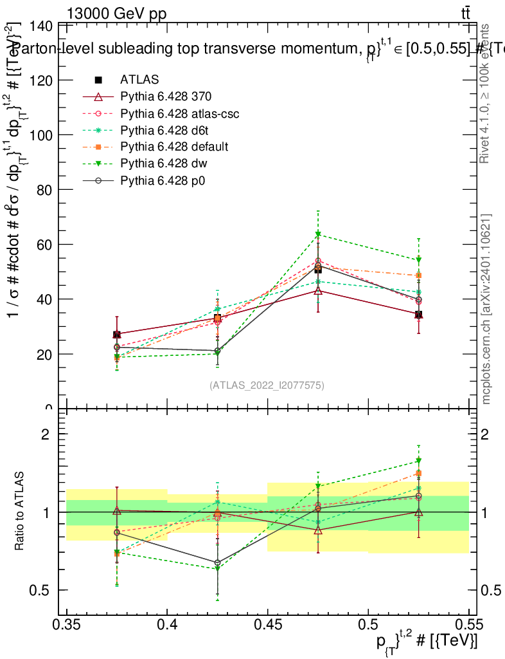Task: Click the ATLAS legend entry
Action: (138, 80)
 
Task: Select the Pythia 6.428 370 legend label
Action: (166, 97)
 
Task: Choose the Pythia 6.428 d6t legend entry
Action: (164, 130)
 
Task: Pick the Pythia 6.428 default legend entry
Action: (173, 147)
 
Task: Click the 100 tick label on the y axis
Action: (42, 135)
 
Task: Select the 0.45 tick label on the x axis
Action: (268, 624)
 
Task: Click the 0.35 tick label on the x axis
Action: (67, 624)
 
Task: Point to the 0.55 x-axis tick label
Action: (468, 624)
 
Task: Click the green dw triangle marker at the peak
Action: (318, 234)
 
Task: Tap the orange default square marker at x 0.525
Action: (418, 275)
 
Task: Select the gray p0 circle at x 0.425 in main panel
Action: (218, 351)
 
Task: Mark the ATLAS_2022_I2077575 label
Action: (267, 385)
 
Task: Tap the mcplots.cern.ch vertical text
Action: (487, 310)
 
